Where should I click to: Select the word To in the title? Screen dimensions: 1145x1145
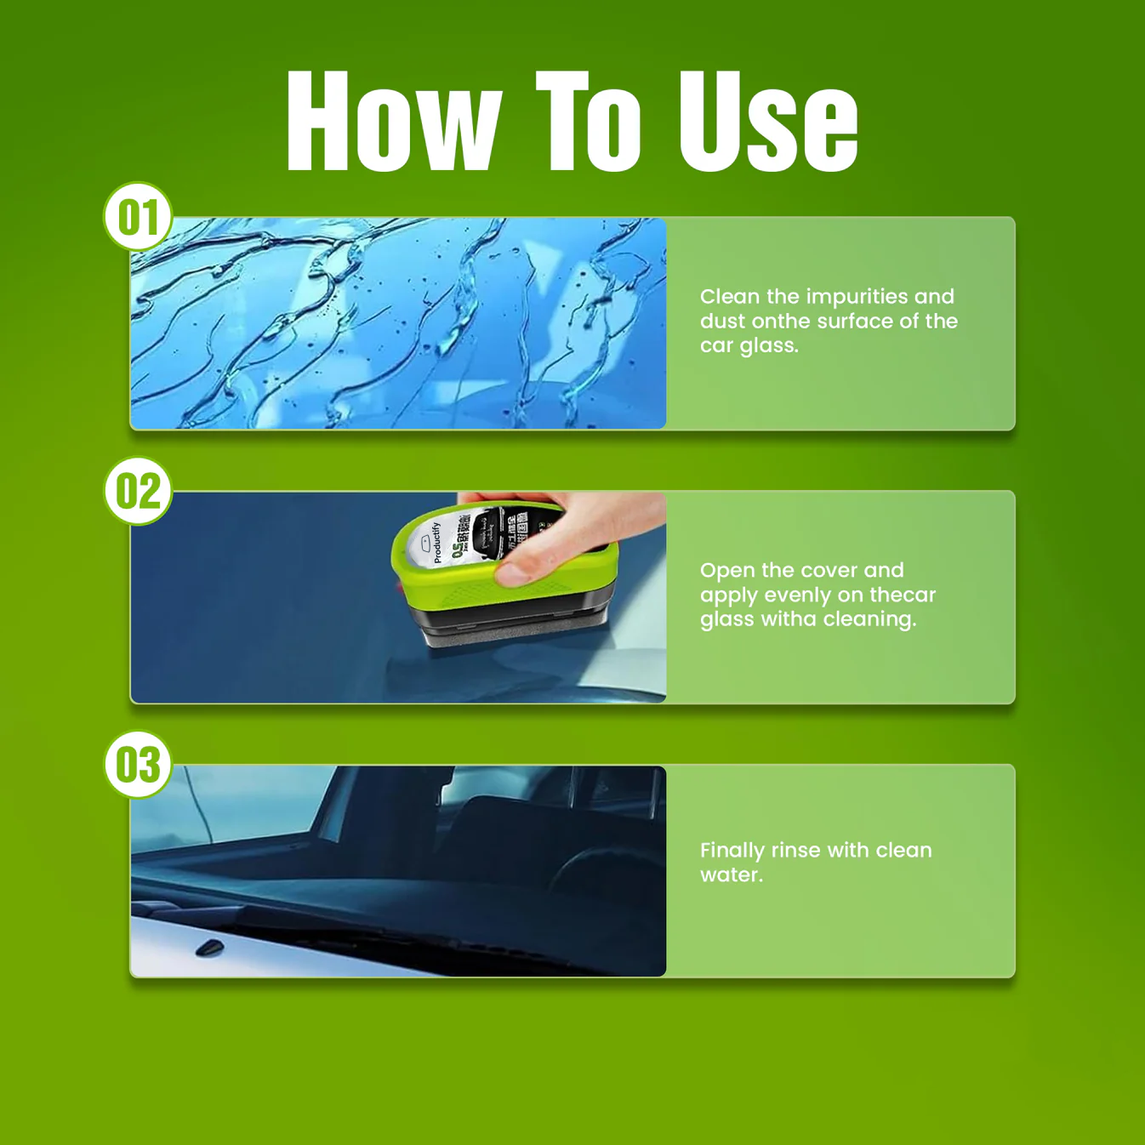587,122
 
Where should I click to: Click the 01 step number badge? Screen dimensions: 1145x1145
138,217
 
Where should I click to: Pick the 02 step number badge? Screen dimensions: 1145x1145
138,491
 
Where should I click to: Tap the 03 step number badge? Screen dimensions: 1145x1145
138,765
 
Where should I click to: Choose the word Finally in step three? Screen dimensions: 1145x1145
732,851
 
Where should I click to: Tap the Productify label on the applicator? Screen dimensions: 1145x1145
436,542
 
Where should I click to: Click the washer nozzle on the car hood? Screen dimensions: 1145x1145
209,948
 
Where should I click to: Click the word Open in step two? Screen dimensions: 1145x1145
727,570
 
